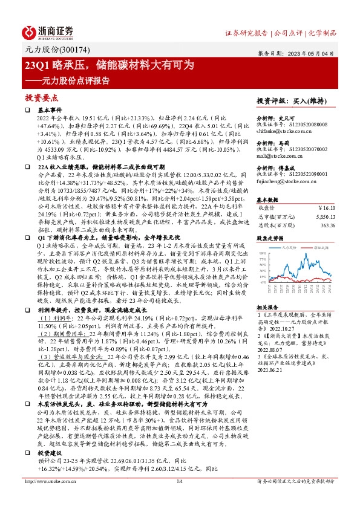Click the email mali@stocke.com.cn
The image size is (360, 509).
tap(278, 156)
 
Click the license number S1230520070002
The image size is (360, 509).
tap(306, 149)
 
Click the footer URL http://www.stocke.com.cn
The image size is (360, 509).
tap(52, 498)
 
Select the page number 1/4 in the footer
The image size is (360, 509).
tap(179, 498)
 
